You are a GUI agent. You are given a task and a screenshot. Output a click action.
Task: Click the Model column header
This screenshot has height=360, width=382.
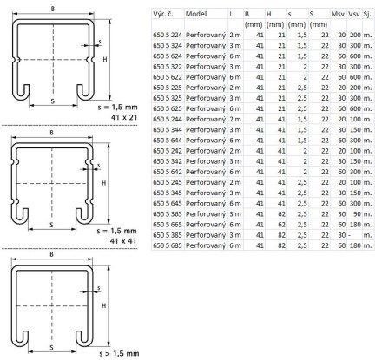[196, 14]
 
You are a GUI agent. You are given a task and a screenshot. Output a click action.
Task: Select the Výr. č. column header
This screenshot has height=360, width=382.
[163, 14]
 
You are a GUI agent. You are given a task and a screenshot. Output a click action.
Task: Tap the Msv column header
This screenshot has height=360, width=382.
[338, 14]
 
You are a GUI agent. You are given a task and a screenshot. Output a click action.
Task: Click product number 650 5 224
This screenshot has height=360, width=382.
[168, 35]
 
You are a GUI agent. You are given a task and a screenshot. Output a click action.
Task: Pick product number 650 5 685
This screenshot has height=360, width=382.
[168, 245]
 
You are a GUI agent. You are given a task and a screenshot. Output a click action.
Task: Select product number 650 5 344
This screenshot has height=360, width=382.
[168, 130]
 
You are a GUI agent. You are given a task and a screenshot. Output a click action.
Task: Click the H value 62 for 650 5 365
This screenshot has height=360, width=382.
[281, 214]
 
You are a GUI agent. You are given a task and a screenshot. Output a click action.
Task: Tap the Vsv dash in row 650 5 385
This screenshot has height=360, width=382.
[350, 235]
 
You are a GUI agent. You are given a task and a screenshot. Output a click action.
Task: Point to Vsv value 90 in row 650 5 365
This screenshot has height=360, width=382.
[357, 214]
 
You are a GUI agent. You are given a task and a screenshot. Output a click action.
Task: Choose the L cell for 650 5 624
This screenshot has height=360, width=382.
[235, 56]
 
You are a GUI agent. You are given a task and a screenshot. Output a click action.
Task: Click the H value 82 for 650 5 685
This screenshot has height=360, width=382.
[281, 245]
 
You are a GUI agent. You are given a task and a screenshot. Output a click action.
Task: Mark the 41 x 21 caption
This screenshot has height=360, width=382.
[124, 117]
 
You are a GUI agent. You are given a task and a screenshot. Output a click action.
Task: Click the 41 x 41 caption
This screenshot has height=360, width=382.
[123, 241]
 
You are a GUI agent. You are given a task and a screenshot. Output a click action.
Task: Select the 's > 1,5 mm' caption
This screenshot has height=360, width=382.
[119, 353]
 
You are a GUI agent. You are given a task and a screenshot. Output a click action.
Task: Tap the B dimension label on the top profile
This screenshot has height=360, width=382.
[53, 9]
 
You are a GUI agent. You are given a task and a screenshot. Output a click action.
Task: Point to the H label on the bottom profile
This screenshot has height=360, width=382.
[103, 305]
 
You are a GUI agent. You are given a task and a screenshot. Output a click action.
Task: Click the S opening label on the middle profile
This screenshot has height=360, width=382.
[51, 225]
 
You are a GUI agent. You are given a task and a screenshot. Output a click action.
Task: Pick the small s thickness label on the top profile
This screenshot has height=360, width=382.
[100, 42]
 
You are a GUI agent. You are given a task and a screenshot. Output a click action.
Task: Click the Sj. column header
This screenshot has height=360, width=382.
[367, 14]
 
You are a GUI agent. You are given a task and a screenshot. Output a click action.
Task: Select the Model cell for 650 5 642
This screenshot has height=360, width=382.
[206, 172]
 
